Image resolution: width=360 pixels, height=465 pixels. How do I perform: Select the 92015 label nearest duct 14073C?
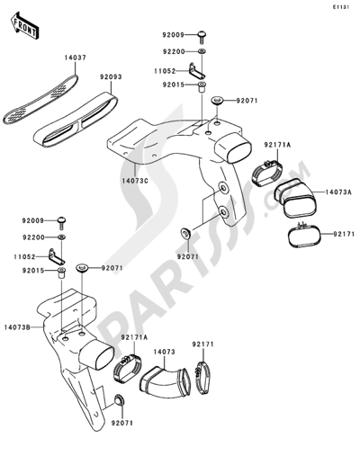click(173, 85)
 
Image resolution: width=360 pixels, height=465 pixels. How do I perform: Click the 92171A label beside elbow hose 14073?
click(131, 338)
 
